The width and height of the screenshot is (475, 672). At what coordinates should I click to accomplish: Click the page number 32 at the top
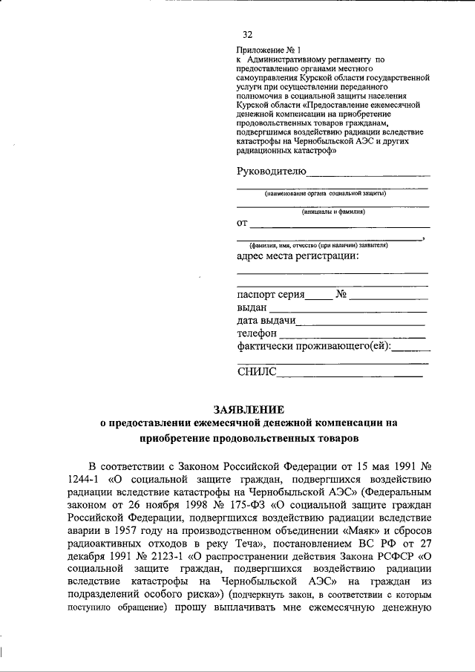tap(248, 35)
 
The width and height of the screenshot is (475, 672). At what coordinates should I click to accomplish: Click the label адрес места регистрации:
tap(298, 256)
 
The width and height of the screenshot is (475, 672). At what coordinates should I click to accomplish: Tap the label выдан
tap(252, 307)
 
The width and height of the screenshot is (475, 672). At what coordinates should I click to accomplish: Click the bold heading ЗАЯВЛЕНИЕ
tap(249, 408)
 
